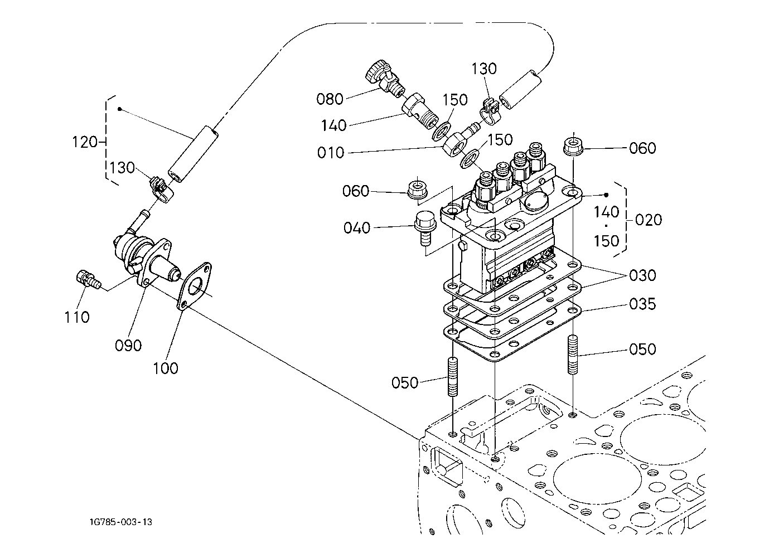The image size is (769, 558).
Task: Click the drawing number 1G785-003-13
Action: [121, 522]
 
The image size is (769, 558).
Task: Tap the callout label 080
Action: [330, 99]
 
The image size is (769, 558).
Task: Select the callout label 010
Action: [330, 153]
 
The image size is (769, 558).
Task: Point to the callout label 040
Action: [357, 228]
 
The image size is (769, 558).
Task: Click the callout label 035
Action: [642, 304]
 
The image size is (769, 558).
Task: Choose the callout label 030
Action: [642, 275]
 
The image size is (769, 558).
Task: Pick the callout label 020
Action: [649, 220]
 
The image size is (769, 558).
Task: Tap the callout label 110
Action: [77, 317]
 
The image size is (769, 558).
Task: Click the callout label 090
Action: [128, 346]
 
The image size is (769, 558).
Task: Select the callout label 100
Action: [166, 368]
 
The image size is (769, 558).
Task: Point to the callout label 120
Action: [85, 142]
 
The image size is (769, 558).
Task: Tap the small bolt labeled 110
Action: [88, 280]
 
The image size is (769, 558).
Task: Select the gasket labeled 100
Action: [194, 286]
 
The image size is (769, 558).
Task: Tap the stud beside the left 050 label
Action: [453, 376]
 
